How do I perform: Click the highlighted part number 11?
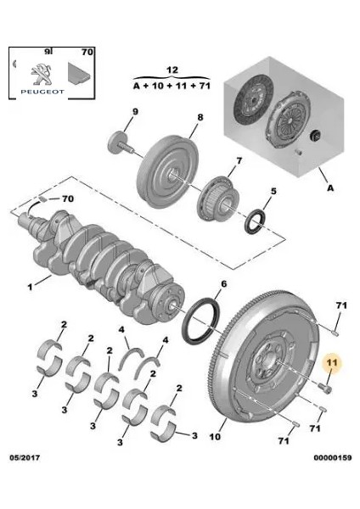click(x=333, y=361)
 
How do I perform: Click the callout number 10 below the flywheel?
click(x=215, y=439)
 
